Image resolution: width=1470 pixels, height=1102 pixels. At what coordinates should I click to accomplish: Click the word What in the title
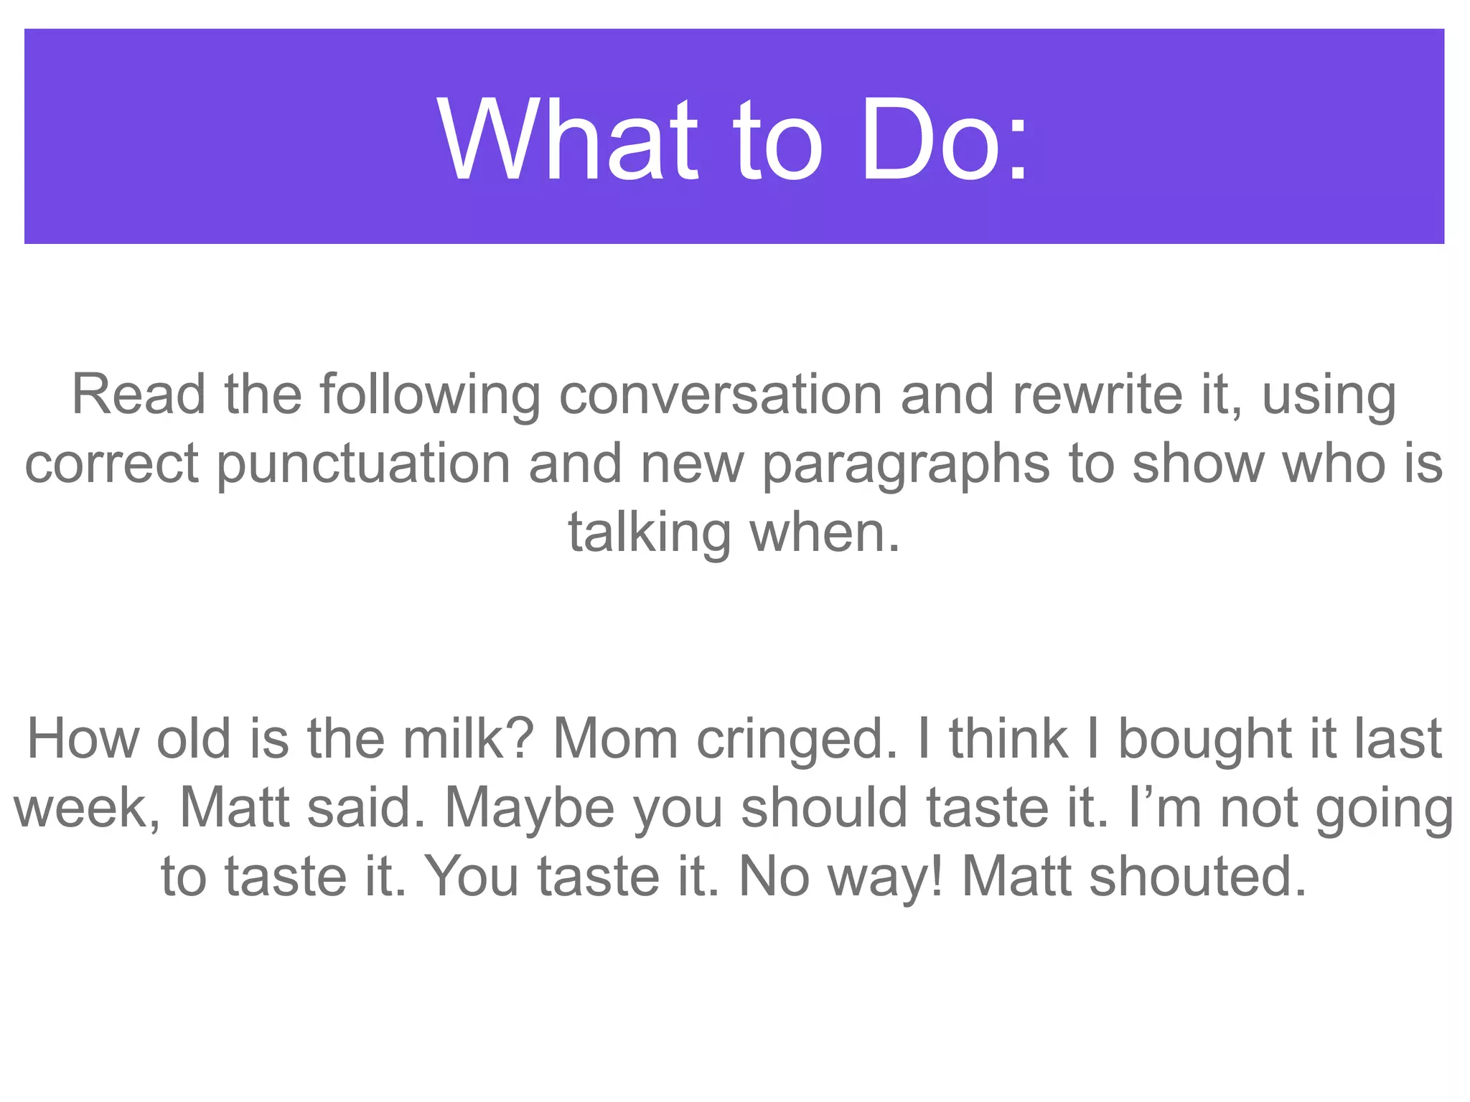pyautogui.click(x=567, y=140)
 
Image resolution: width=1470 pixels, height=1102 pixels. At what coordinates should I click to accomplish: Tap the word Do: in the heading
pyautogui.click(x=944, y=140)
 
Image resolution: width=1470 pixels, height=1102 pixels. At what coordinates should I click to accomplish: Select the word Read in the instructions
pyautogui.click(x=139, y=395)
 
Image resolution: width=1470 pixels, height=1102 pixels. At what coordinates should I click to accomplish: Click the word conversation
pyautogui.click(x=720, y=395)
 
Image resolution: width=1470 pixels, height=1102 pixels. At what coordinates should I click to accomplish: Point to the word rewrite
pyautogui.click(x=1097, y=395)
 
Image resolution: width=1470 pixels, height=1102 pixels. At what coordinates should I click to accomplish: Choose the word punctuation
pyautogui.click(x=363, y=464)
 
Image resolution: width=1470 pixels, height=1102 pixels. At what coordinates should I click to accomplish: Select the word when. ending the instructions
pyautogui.click(x=825, y=533)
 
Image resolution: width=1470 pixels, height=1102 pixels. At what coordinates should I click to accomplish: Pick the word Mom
pyautogui.click(x=615, y=739)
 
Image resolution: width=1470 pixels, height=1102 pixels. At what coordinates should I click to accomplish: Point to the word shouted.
pyautogui.click(x=1198, y=877)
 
